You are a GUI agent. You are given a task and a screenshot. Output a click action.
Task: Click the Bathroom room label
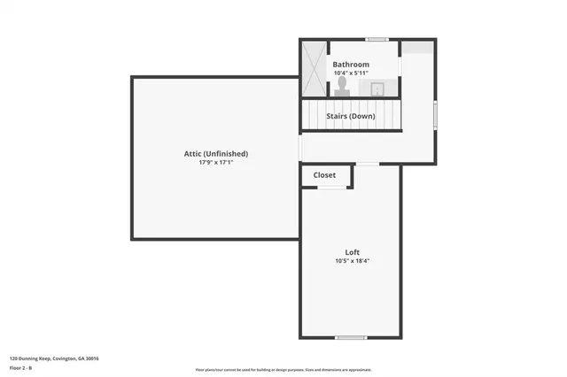click(x=351, y=65)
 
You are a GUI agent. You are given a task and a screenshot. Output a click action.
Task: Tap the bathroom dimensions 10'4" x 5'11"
click(x=351, y=73)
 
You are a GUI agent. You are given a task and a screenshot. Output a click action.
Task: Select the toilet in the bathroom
click(x=342, y=86)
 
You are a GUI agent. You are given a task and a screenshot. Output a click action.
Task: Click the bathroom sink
click(x=377, y=88)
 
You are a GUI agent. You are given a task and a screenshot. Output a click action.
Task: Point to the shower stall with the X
click(x=314, y=68)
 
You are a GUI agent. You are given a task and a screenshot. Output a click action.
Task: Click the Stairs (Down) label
click(x=351, y=116)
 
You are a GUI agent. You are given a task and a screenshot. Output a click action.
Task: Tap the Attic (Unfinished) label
click(x=216, y=153)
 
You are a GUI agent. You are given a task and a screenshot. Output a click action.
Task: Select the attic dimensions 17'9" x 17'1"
click(x=216, y=163)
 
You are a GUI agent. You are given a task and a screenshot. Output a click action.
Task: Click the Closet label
click(x=325, y=175)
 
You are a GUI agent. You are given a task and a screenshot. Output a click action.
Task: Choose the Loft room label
click(x=352, y=252)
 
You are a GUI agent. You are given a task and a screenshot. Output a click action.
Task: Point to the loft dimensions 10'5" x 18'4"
click(x=352, y=261)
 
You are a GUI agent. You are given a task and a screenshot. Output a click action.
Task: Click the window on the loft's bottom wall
click(x=351, y=337)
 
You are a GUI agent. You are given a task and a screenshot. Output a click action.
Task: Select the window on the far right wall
click(x=435, y=116)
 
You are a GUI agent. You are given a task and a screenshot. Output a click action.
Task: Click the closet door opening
click(x=327, y=188)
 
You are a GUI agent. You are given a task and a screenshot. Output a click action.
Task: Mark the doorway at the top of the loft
click(x=367, y=164)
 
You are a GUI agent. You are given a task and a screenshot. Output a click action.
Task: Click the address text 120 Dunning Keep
click(x=54, y=358)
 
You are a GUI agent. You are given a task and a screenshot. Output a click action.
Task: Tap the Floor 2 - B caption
click(x=21, y=367)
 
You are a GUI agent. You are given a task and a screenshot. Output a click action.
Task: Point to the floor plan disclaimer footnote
click(x=283, y=370)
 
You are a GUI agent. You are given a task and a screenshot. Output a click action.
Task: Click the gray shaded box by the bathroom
click(x=418, y=48)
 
